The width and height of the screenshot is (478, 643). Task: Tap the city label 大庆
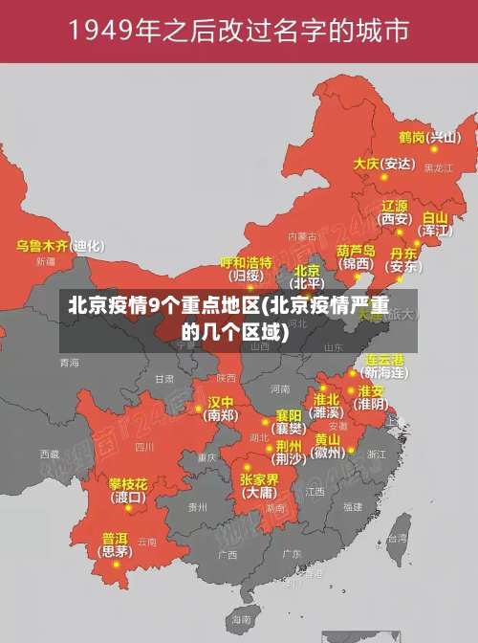pyautogui.click(x=366, y=164)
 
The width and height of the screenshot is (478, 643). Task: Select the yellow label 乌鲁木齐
pyautogui.click(x=42, y=246)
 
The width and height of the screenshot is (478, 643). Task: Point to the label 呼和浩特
pyautogui.click(x=246, y=261)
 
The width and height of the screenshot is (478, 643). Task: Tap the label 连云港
pyautogui.click(x=385, y=360)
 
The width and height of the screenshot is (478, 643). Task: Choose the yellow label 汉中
pyautogui.click(x=221, y=402)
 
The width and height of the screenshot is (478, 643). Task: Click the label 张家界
pyautogui.click(x=258, y=478)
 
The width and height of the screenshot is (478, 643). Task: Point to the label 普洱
pyautogui.click(x=115, y=538)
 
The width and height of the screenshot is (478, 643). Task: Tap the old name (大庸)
pyautogui.click(x=258, y=493)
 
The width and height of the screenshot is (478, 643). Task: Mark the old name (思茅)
pyautogui.click(x=115, y=551)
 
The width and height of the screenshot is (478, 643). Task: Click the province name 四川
pyautogui.click(x=144, y=446)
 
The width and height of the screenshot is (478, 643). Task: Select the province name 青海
pyautogui.click(x=69, y=363)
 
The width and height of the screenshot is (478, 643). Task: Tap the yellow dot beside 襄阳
pyautogui.click(x=267, y=420)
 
